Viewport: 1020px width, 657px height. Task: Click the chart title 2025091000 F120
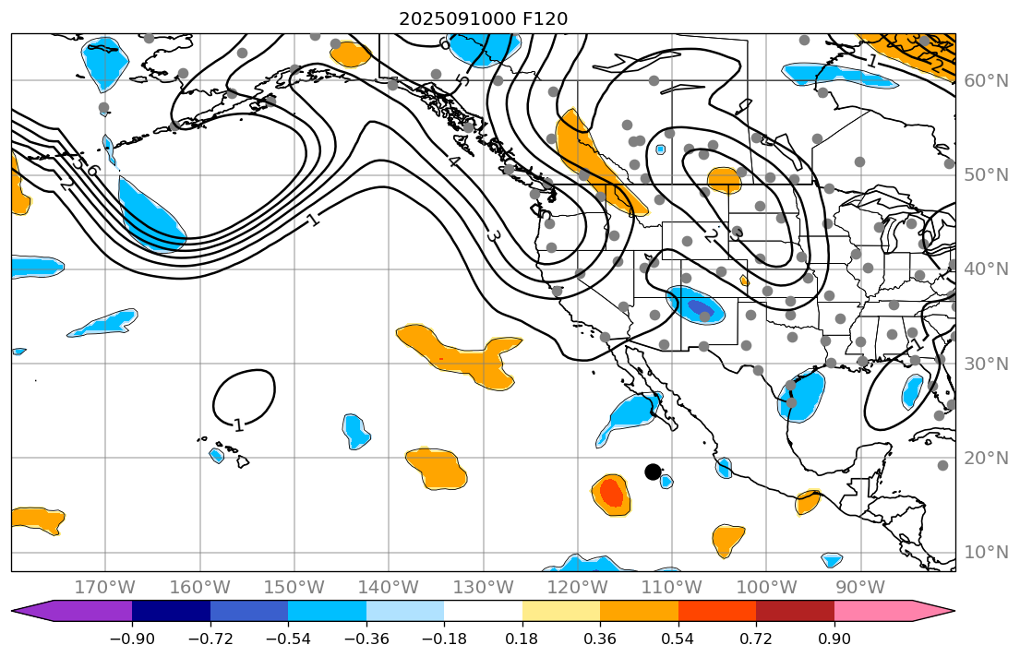coord(483,18)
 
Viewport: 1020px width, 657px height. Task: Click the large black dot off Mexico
coord(653,472)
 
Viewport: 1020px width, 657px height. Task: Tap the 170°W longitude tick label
coord(105,588)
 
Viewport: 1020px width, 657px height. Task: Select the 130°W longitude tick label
coord(483,588)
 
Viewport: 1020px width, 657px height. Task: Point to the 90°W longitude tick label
coord(860,588)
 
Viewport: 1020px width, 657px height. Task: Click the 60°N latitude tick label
coord(986,81)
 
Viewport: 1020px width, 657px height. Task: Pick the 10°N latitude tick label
coord(986,553)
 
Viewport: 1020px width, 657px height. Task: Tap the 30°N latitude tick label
coord(986,364)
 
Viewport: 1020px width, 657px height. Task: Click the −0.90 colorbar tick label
coord(132,639)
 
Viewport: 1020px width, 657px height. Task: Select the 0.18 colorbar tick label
coord(522,639)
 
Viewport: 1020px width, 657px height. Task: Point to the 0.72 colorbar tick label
coord(756,639)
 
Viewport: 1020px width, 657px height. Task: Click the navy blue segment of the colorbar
coord(171,611)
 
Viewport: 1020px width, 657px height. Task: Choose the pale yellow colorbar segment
coord(560,611)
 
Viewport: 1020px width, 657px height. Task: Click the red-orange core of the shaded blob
coord(611,494)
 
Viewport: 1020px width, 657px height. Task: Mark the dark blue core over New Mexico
coord(701,308)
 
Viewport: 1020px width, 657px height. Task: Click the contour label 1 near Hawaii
coord(238,425)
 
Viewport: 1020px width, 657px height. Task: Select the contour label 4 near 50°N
coord(453,162)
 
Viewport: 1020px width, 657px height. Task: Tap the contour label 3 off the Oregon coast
coord(493,236)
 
